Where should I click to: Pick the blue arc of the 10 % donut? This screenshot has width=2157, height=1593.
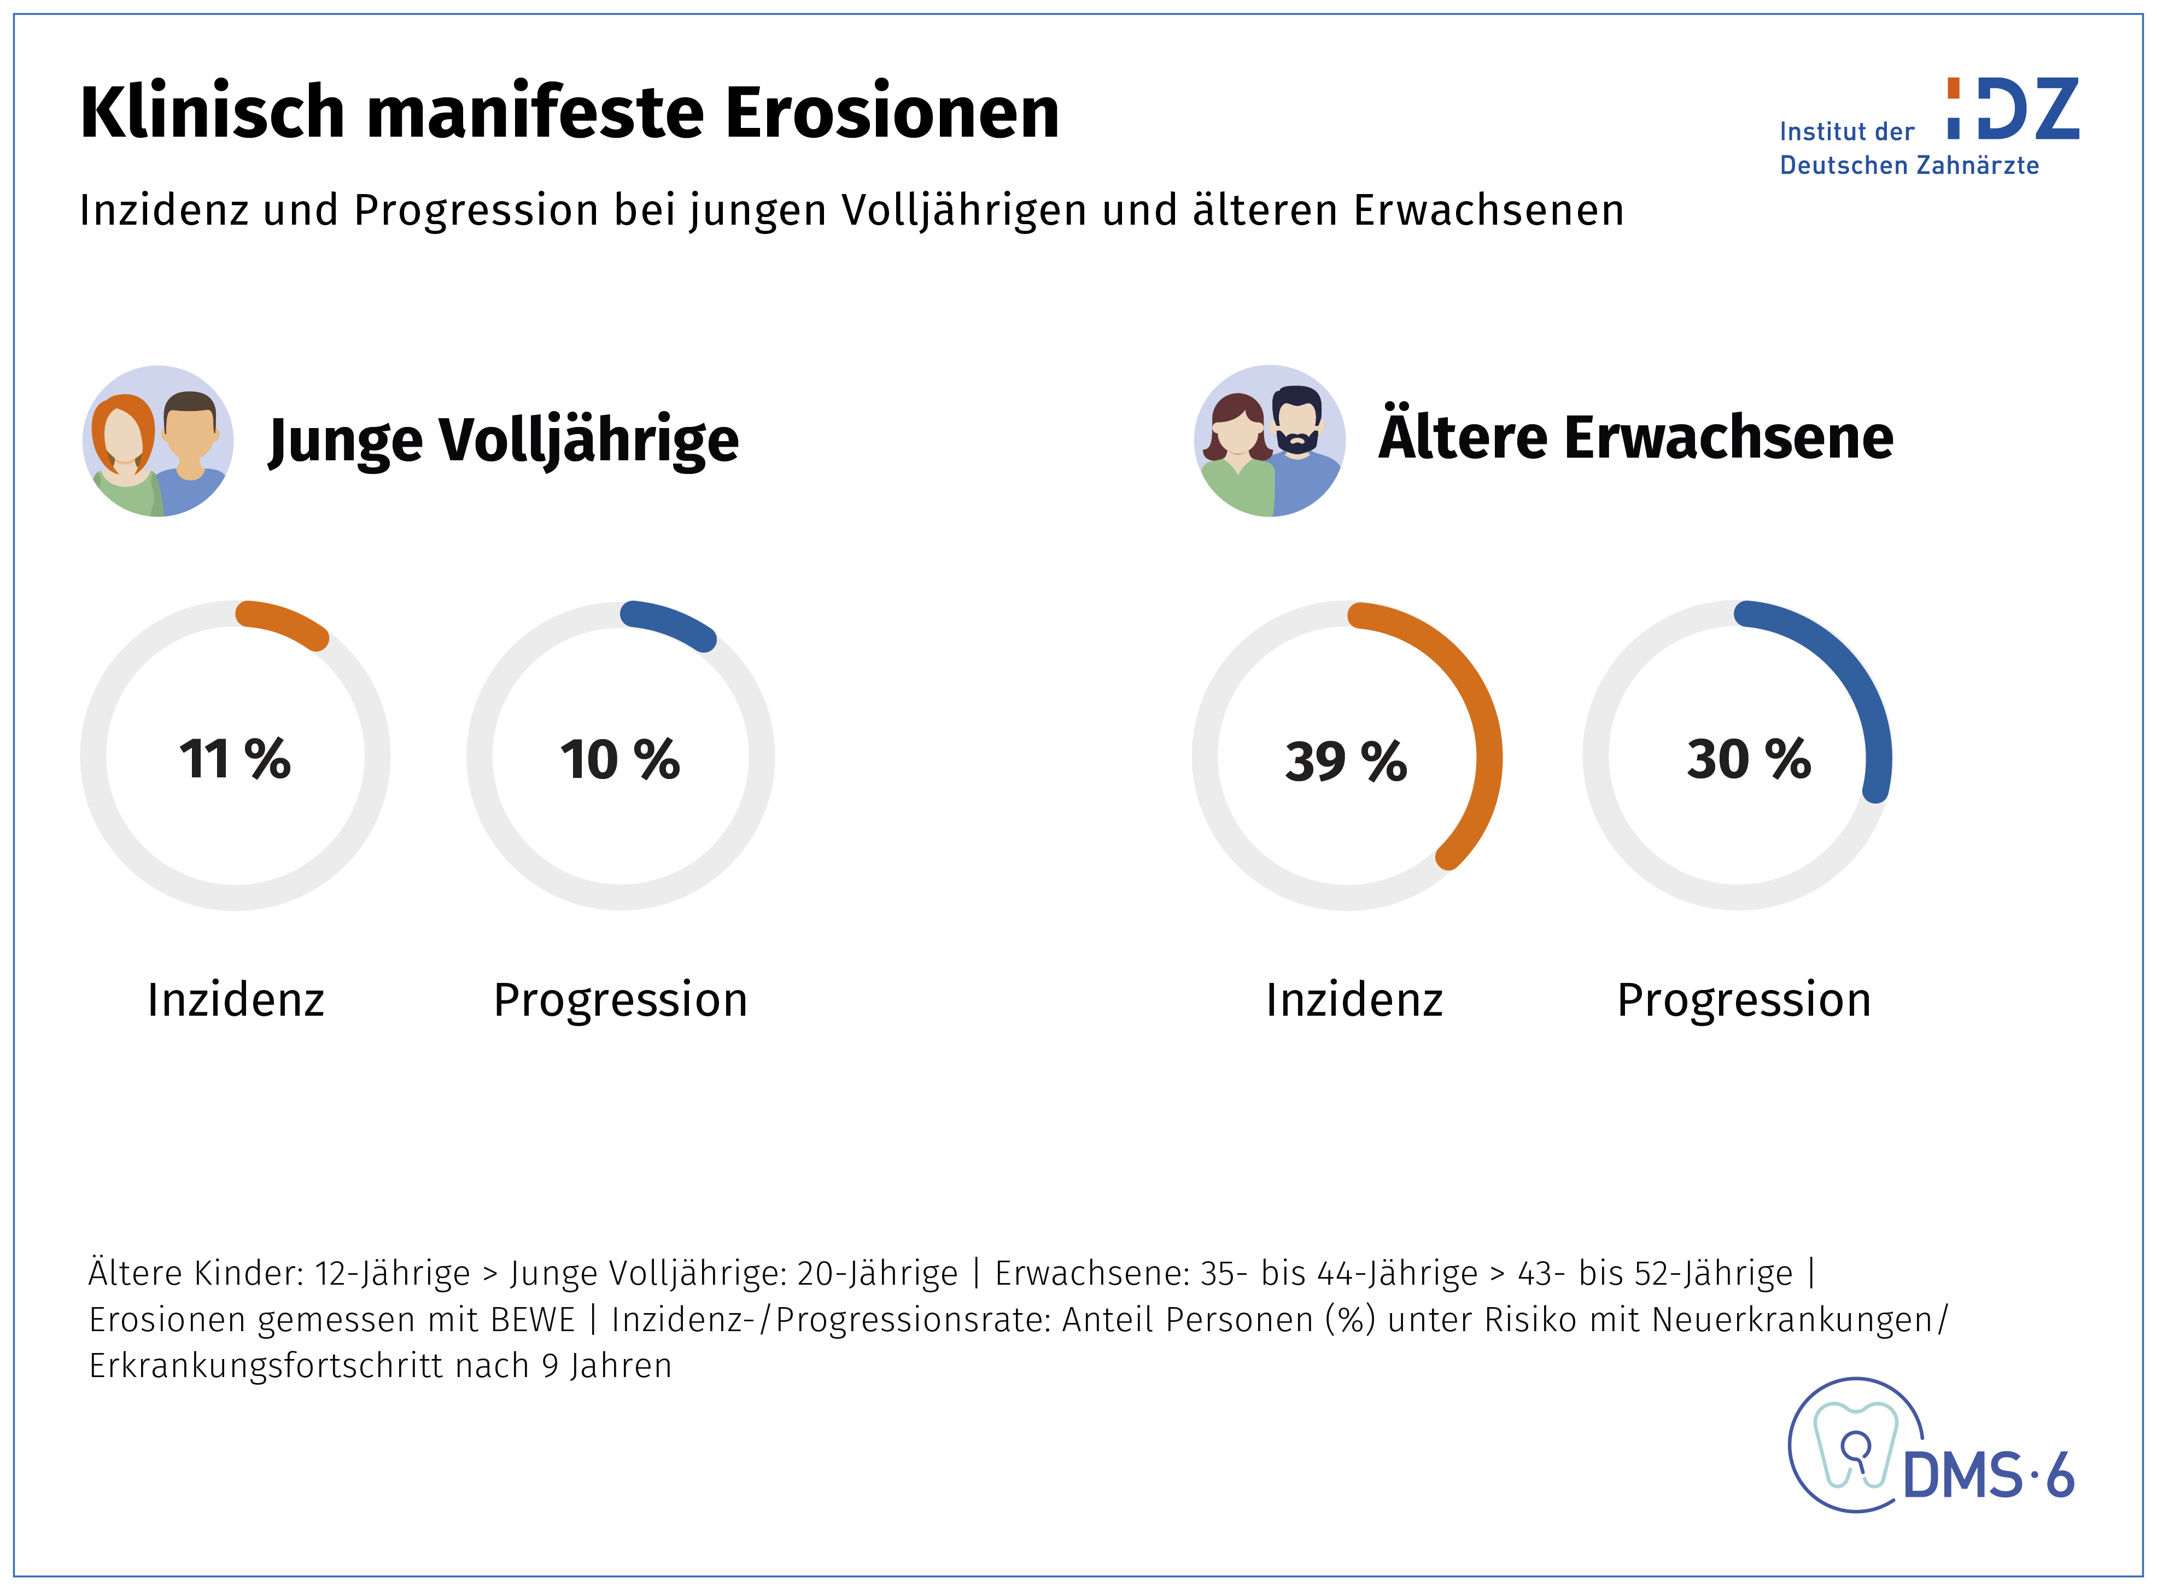[671, 623]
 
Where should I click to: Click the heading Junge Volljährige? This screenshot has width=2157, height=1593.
[504, 441]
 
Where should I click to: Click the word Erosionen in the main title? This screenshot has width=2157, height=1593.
[892, 113]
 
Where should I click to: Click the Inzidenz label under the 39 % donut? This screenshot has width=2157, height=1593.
[1354, 1000]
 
